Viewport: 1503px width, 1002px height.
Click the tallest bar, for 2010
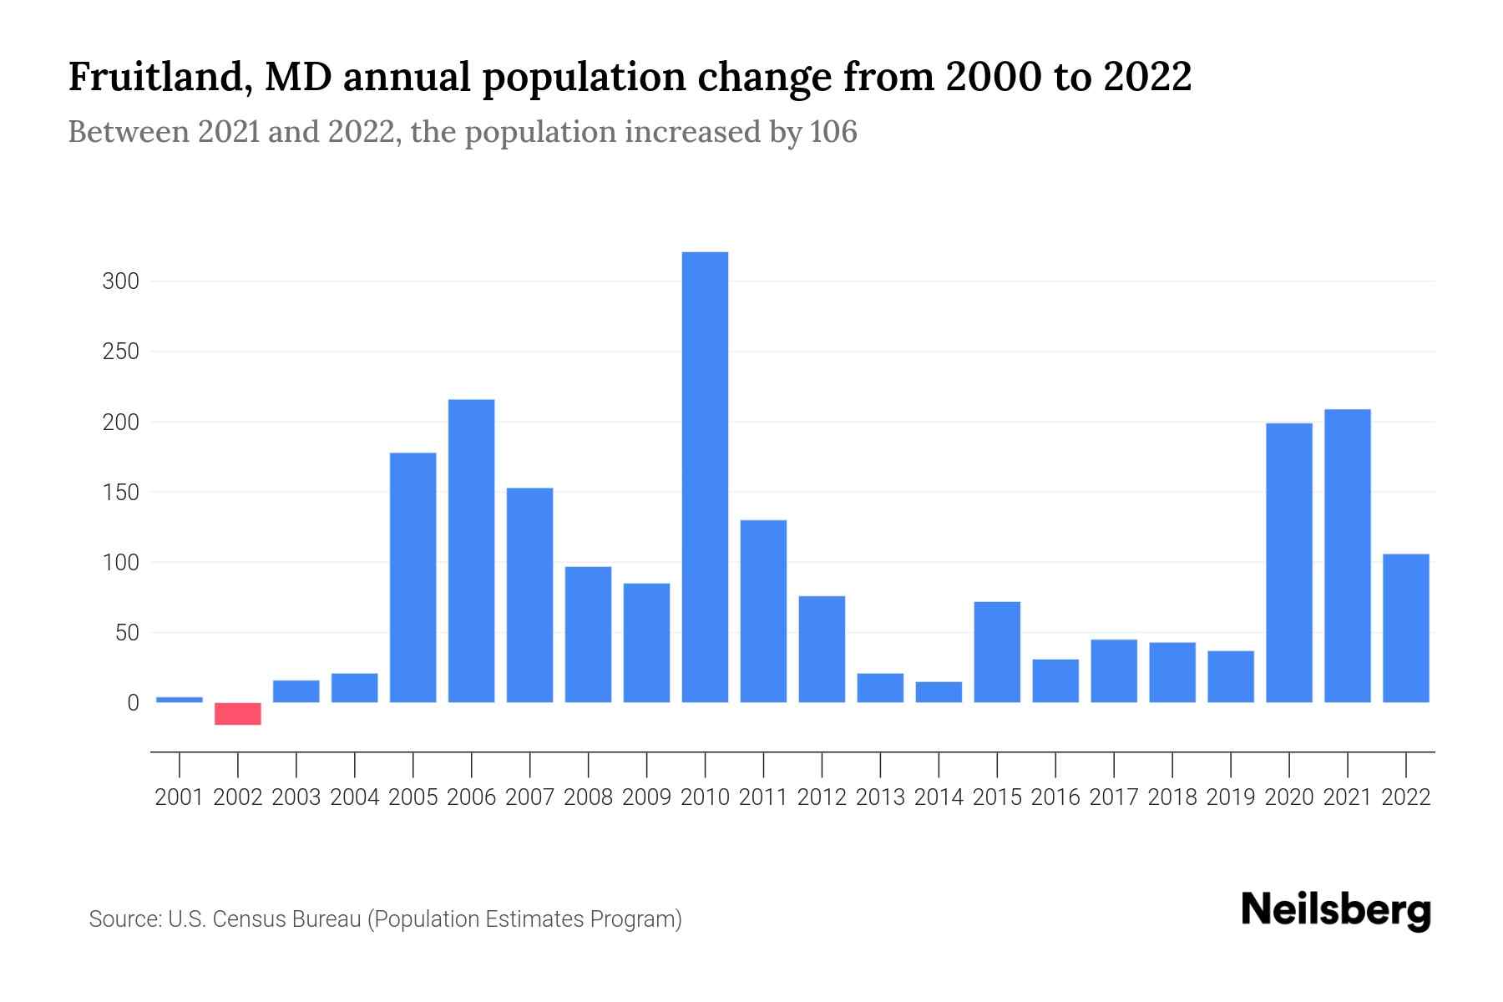click(705, 477)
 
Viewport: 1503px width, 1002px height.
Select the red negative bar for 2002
click(238, 714)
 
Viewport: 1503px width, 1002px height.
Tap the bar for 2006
click(471, 551)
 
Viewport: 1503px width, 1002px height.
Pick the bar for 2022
click(1406, 628)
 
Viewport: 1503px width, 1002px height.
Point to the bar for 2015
click(997, 652)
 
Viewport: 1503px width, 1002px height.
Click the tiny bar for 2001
click(180, 700)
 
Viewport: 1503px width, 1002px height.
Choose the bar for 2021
click(1348, 556)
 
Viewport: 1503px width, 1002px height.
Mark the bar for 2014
click(939, 692)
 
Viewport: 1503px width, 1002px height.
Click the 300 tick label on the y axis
click(120, 281)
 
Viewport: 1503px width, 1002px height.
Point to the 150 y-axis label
click(120, 493)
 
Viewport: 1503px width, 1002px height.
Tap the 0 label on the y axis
click(133, 703)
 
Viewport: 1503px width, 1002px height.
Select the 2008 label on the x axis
click(588, 797)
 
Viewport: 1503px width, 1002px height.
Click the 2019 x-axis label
click(1231, 797)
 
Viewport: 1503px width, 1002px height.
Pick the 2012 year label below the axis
click(822, 797)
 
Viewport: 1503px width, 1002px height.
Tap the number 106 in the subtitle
click(832, 132)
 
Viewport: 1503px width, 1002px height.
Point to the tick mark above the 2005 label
click(413, 764)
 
